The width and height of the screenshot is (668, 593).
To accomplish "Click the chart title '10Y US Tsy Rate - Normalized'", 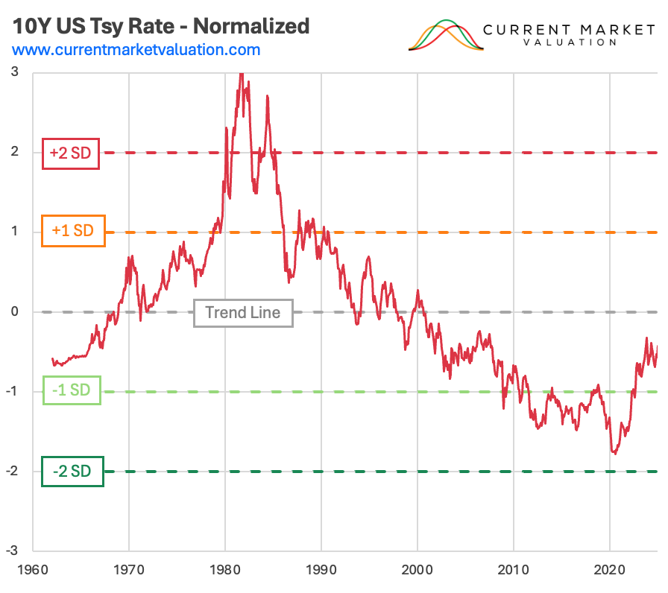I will coord(160,26).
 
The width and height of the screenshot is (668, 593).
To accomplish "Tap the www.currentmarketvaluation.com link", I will coord(136,51).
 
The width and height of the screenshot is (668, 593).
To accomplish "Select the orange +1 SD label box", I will coord(73,231).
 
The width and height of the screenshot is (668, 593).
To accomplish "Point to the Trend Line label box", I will coord(243,312).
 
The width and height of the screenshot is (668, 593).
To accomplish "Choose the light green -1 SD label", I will coord(71,392).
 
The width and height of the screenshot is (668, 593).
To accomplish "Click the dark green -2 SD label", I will coord(72,471).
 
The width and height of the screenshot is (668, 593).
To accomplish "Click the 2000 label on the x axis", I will coord(417,568).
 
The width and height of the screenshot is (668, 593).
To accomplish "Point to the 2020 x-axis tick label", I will coord(610,568).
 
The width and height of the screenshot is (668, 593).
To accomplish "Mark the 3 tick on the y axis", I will coord(16,72).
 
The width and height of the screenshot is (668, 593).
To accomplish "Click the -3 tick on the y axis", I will coord(13,551).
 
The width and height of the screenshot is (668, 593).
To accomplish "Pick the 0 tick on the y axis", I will coord(16,311).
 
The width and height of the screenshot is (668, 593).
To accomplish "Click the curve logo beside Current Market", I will coord(446,36).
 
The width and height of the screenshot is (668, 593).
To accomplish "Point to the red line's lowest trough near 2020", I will coord(614,453).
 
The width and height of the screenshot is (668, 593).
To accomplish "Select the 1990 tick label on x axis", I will coord(321,568).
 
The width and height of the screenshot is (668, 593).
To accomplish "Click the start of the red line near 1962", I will coord(52,358).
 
